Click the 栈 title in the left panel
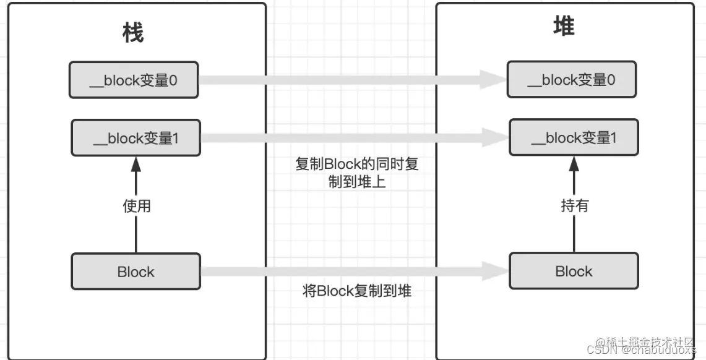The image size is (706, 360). point(133,33)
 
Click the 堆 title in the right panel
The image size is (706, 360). point(564,27)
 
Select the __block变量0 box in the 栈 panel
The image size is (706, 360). point(134,80)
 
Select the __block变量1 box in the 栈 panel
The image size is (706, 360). point(136,138)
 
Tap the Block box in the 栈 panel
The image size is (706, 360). point(136,272)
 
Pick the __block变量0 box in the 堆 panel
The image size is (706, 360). point(571,80)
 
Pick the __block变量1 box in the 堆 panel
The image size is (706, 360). point(574,138)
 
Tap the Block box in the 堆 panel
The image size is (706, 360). point(574,271)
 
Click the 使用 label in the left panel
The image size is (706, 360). point(136,206)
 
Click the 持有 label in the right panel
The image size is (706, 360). point(574,206)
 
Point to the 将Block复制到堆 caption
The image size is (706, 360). point(357,291)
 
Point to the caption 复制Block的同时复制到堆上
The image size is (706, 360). point(357,173)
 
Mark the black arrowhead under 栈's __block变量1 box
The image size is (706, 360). point(136,165)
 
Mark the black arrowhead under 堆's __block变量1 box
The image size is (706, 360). point(574,165)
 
